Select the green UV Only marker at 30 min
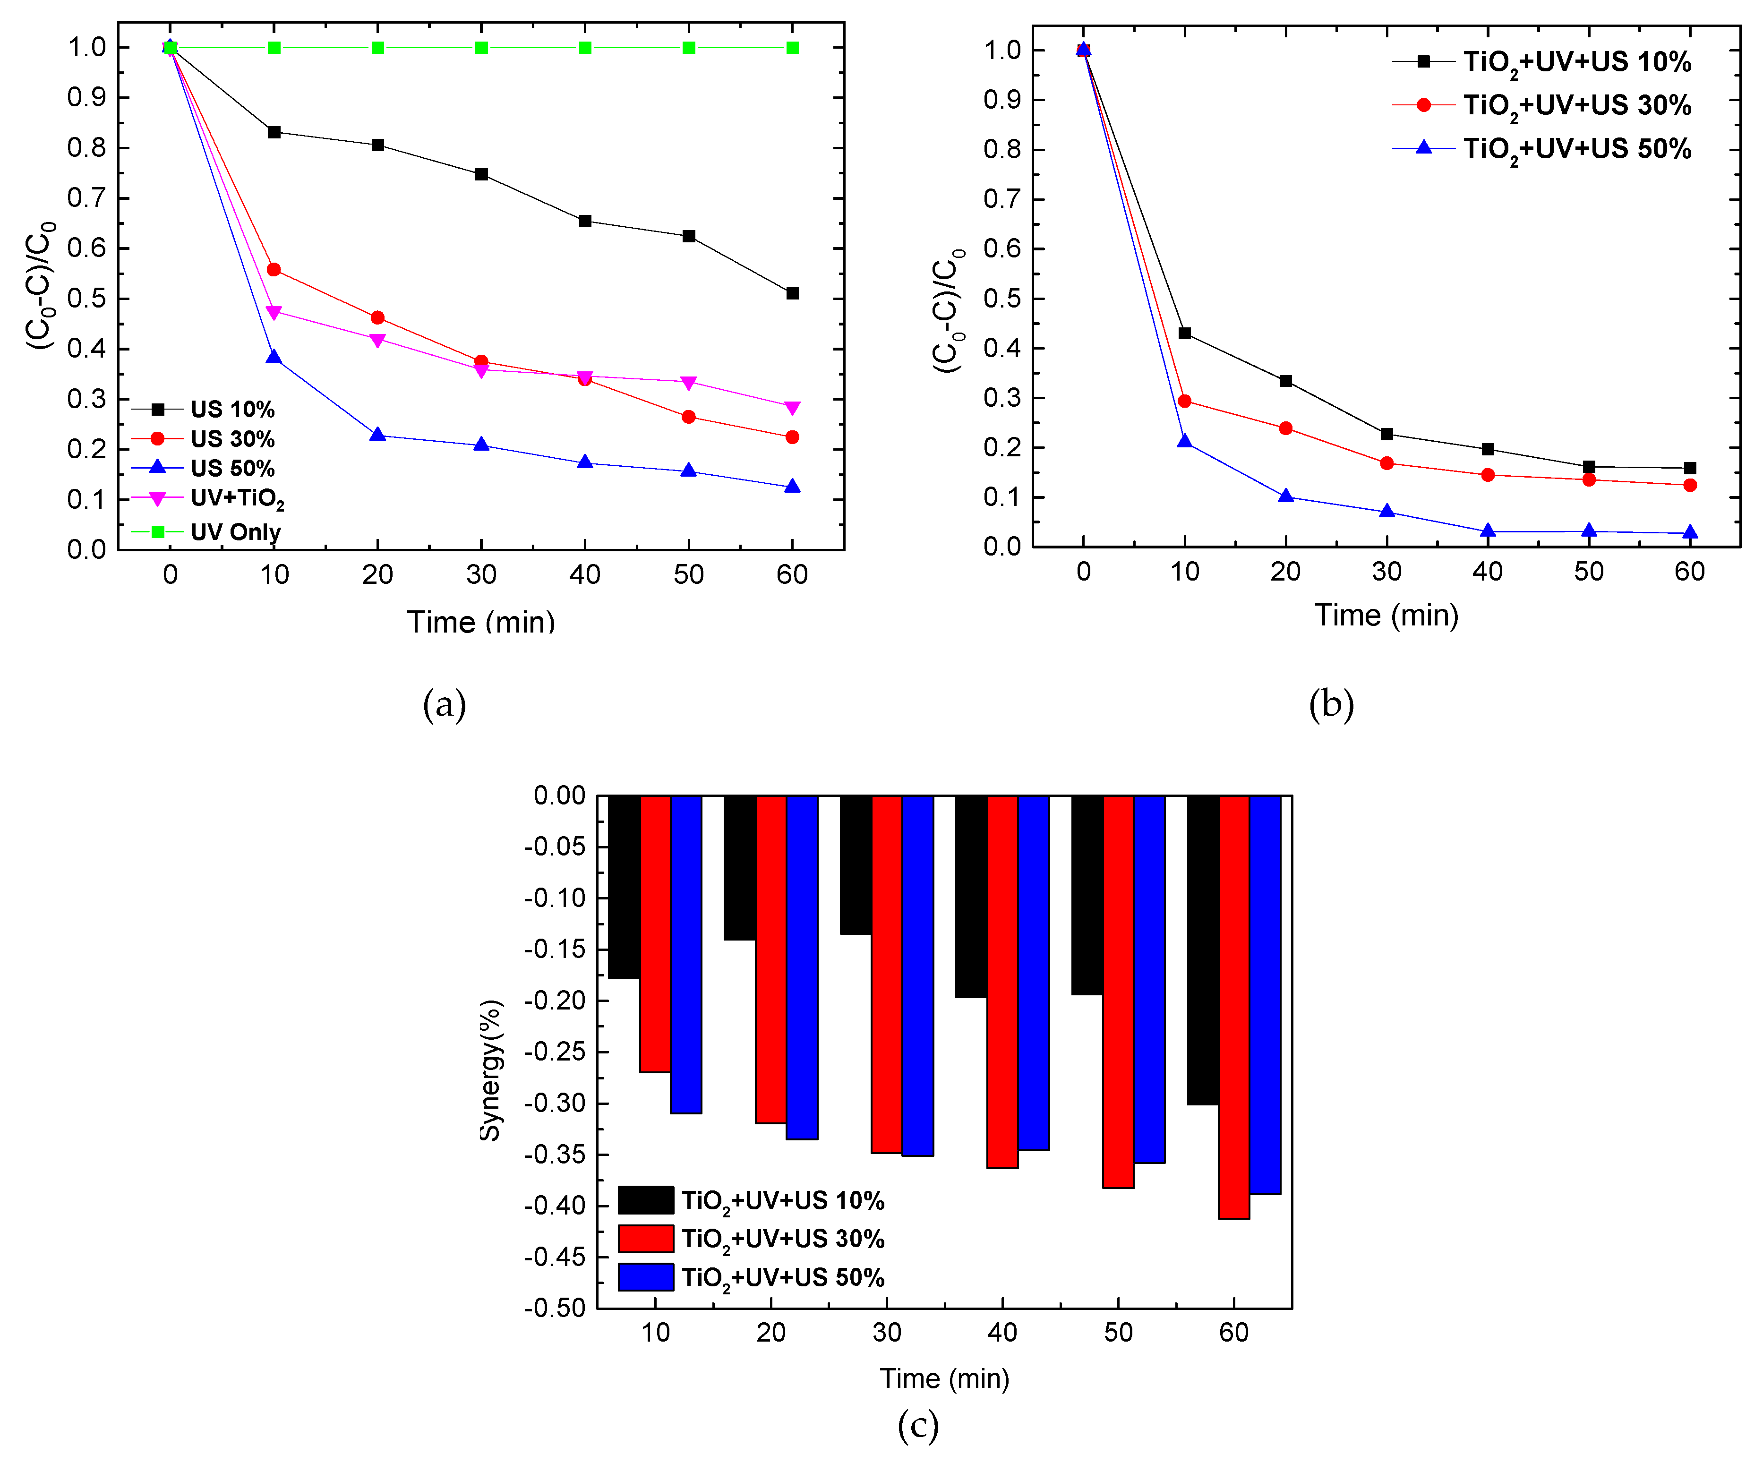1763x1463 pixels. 481,48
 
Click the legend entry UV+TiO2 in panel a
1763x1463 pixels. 237,498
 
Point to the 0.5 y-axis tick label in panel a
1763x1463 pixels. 87,299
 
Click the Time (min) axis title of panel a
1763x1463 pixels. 481,622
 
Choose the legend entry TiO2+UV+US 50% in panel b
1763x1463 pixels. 1576,149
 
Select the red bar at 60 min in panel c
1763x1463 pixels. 1234,1007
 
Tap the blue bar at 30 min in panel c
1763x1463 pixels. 917,975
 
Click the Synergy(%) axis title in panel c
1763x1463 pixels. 490,1070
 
